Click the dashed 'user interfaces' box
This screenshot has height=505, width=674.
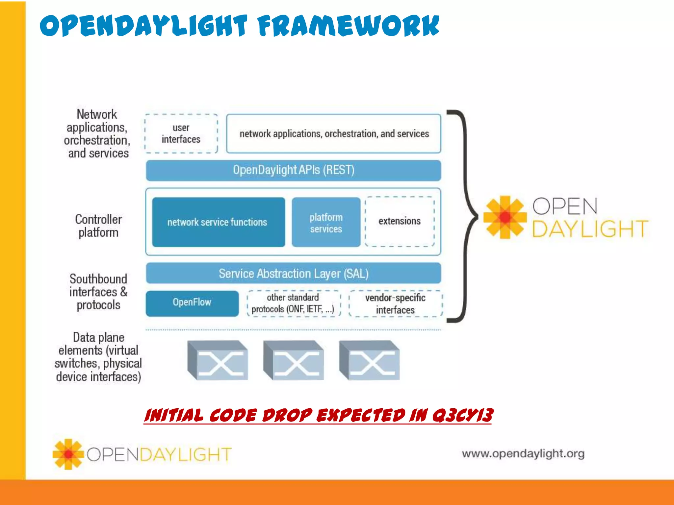[x=181, y=133]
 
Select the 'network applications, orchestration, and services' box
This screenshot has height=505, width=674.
[x=334, y=133]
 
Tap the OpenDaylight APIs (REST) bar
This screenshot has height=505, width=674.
[x=294, y=170]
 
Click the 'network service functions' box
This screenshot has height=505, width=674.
[x=219, y=222]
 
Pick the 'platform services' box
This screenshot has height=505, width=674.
[x=326, y=222]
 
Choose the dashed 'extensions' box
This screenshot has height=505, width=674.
[x=400, y=222]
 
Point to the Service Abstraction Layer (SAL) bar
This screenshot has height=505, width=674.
[x=294, y=273]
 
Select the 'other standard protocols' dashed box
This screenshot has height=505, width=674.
[x=294, y=303]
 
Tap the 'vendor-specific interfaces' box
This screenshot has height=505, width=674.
[x=396, y=303]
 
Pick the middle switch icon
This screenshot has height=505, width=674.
[x=294, y=360]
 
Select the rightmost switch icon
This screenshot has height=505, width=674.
[x=370, y=360]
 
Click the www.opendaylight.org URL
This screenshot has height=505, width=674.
[x=523, y=454]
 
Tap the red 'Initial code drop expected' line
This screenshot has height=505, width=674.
[x=318, y=415]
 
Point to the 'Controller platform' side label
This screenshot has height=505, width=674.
[x=98, y=226]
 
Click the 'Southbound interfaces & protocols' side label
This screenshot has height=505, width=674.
[x=98, y=292]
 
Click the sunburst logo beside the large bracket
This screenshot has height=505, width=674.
[x=505, y=217]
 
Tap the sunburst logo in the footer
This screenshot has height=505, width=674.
[x=68, y=454]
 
